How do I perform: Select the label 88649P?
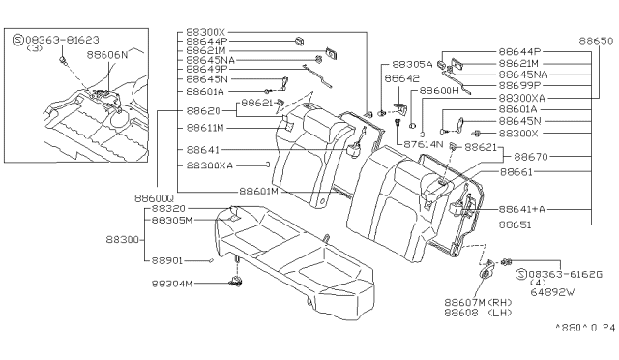pos(206,69)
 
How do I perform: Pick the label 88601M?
pos(259,191)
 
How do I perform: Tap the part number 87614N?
pos(423,144)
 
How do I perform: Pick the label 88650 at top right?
pos(596,42)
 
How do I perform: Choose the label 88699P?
pos(522,85)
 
